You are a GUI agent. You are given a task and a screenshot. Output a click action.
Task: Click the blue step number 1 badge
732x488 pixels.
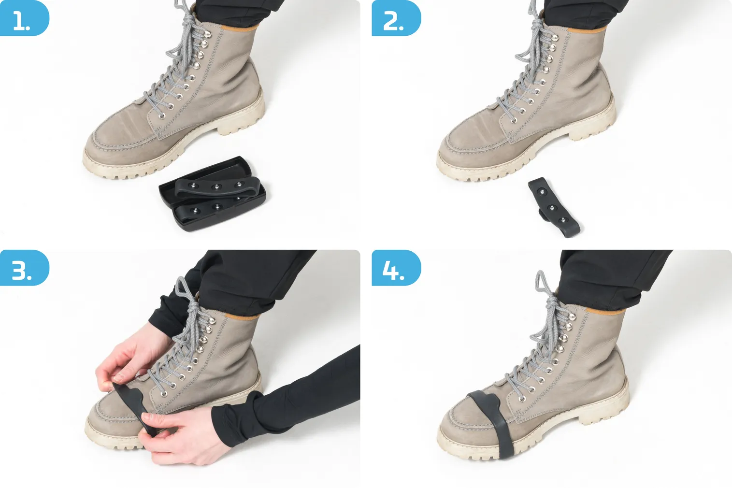coord(24,18)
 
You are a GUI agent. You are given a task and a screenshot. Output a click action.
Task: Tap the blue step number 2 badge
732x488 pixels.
coord(396,18)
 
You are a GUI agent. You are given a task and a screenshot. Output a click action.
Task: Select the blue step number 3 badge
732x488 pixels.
coord(24,268)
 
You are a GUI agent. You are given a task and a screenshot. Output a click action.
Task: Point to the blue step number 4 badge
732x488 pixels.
coord(396,268)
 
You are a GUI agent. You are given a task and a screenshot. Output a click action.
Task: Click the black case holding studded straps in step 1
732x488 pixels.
coord(213,193)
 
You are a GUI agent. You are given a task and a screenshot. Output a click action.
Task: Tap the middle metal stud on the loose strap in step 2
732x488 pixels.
coord(552,208)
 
